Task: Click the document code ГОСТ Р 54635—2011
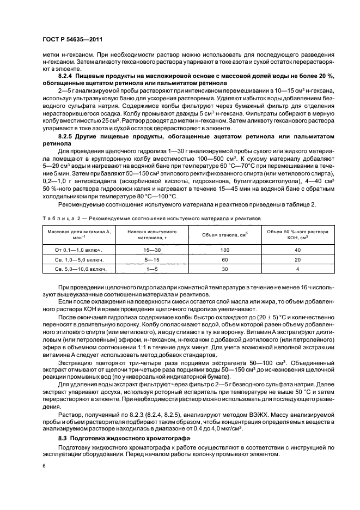pos(72,39)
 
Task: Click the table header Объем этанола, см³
pos(225,234)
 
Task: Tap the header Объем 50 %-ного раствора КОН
pos(297,234)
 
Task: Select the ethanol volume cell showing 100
pos(225,250)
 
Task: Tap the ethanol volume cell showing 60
pos(225,259)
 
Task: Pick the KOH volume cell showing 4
pos(297,269)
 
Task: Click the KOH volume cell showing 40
pos(297,250)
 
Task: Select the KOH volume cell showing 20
pos(297,259)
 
